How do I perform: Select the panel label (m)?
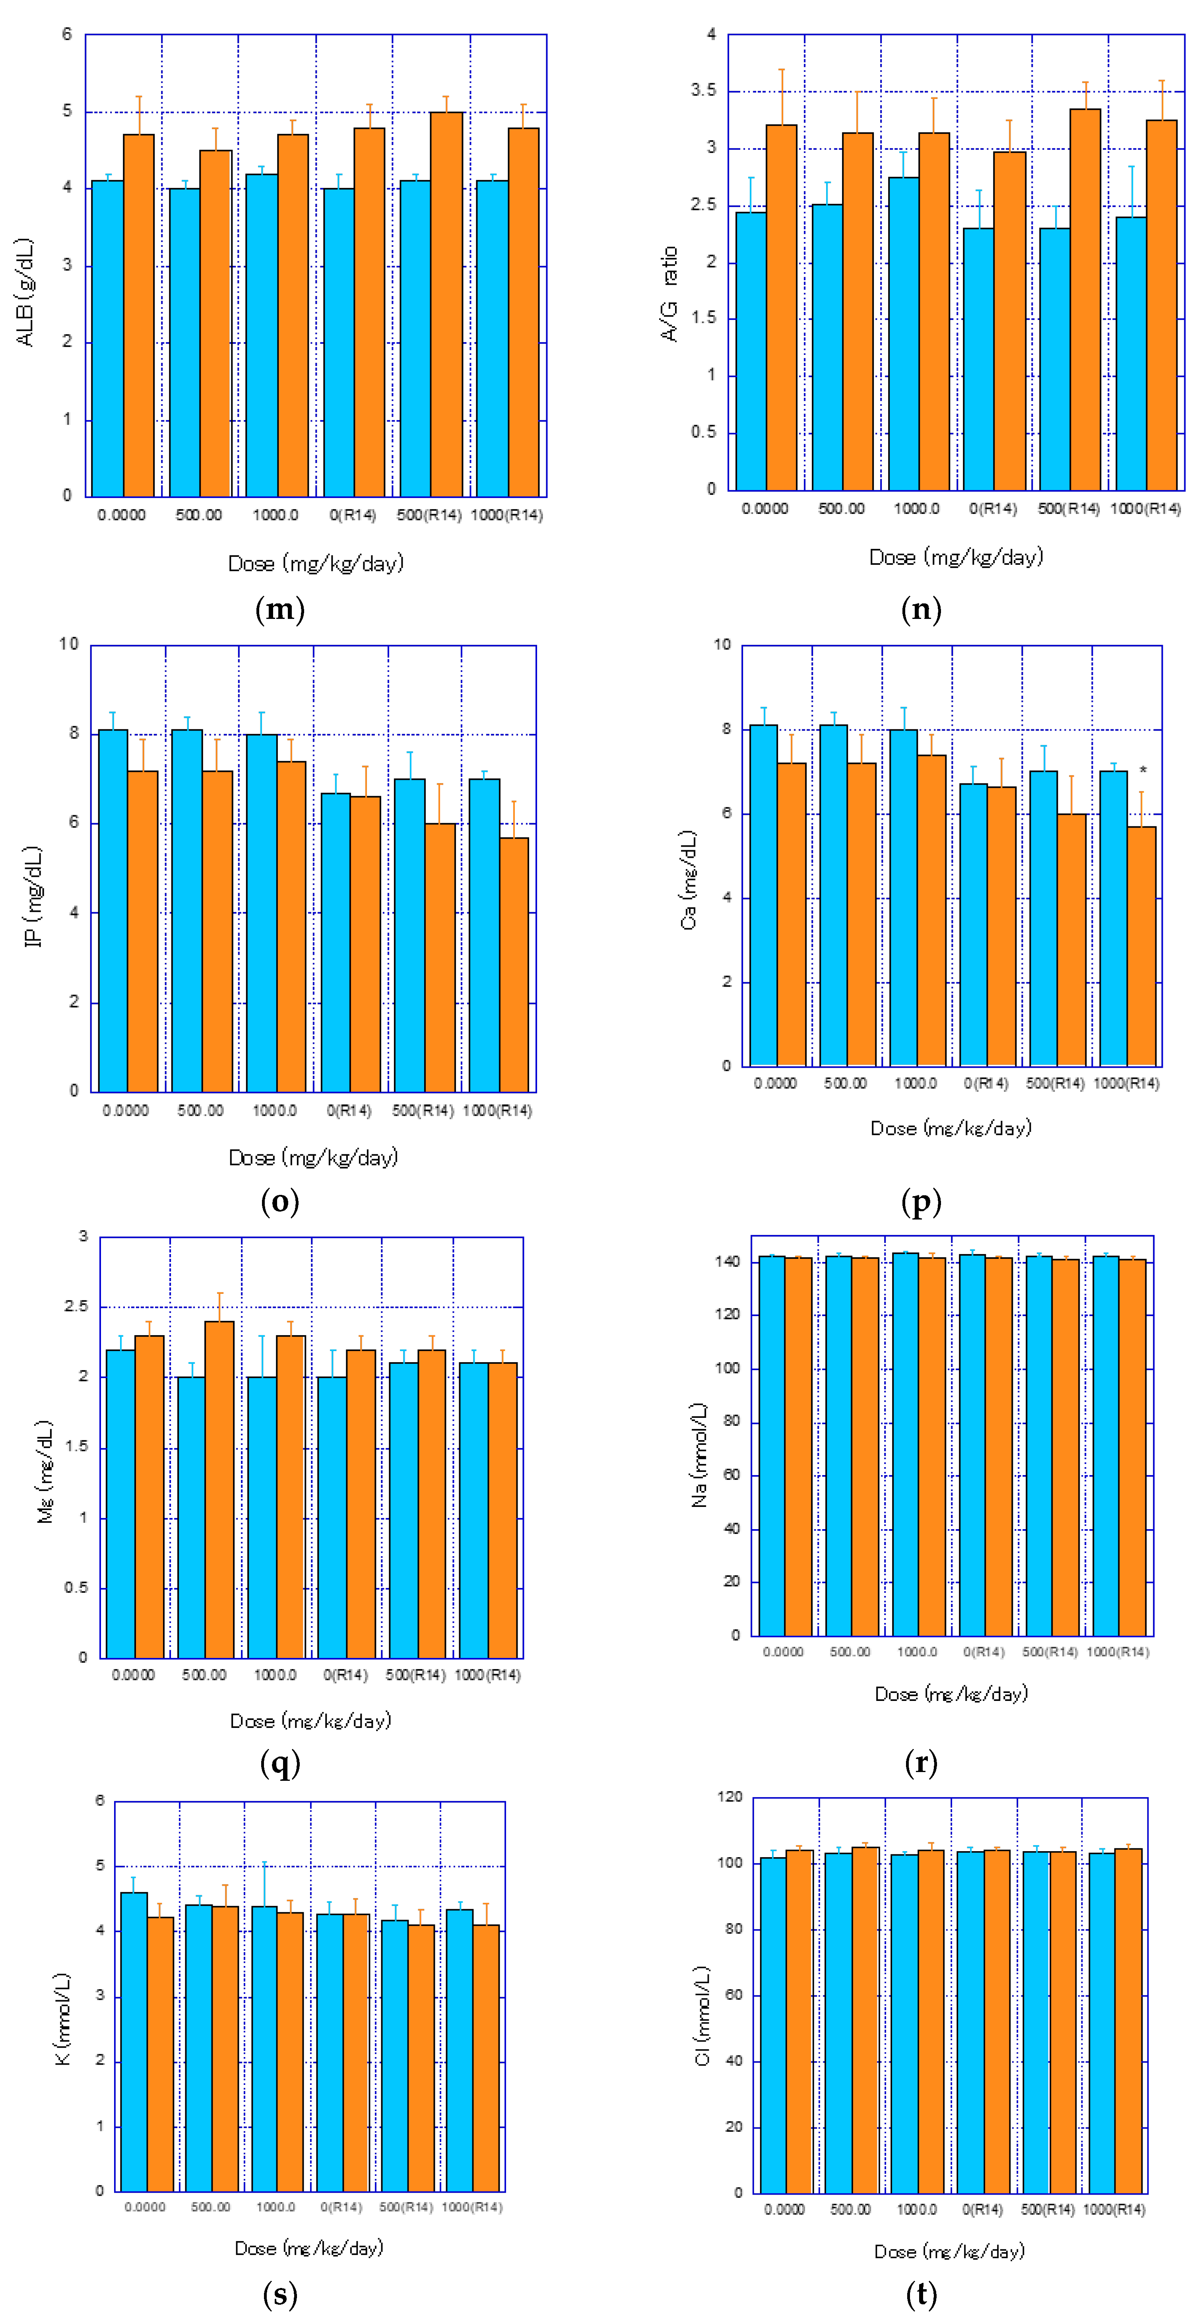pos(280,610)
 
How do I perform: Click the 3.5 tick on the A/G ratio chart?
pos(704,91)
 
